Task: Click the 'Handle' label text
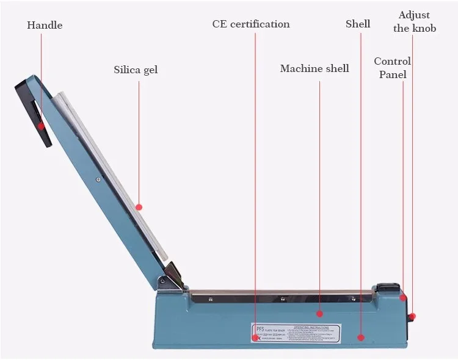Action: coord(45,25)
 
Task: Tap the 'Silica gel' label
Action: coord(136,70)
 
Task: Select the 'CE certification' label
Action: coord(251,24)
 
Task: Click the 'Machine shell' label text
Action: coord(314,68)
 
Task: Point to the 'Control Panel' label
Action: coord(392,68)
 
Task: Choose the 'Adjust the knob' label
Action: coord(415,21)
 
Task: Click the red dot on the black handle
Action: coord(42,126)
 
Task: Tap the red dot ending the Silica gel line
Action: coord(139,207)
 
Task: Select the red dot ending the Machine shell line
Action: coord(319,314)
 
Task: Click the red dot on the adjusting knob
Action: coord(413,316)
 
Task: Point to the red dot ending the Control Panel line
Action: coord(403,298)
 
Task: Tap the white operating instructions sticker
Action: coord(296,333)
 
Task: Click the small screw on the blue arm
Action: coord(98,179)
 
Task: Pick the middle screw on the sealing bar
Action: coord(283,299)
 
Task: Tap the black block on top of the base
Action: coord(388,287)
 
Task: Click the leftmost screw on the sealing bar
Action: coord(211,299)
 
